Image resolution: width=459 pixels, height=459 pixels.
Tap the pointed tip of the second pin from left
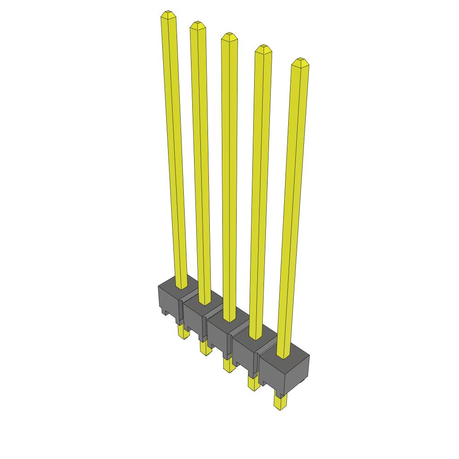(x=197, y=24)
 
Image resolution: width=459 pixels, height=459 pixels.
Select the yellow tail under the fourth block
(x=253, y=383)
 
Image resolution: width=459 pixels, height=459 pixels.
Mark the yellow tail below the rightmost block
(x=280, y=402)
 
